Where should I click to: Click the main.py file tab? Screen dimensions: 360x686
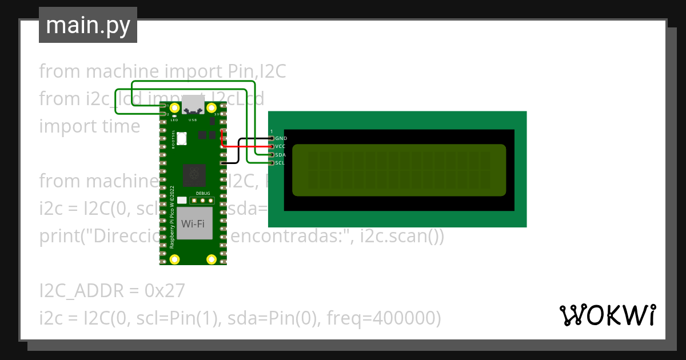tap(87, 25)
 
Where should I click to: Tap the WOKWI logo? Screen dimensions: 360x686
tap(607, 315)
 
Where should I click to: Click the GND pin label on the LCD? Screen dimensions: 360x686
tap(281, 138)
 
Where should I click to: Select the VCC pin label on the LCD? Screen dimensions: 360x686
tap(280, 146)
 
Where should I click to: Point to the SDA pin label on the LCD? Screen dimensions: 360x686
tap(280, 155)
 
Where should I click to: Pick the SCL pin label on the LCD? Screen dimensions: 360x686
tap(280, 163)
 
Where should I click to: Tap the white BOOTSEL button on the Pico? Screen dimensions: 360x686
tap(182, 138)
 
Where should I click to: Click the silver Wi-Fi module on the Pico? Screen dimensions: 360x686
tap(193, 223)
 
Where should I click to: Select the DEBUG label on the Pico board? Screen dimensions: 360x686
tap(203, 194)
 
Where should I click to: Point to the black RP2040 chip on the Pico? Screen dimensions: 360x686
tap(193, 175)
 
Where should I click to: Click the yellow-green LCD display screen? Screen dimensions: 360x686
tap(399, 170)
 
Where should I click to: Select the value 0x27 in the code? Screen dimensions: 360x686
tap(165, 291)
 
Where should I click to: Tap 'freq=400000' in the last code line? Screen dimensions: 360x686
tap(383, 318)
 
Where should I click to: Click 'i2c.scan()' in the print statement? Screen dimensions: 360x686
tap(400, 236)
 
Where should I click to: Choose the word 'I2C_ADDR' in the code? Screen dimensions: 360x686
tap(81, 291)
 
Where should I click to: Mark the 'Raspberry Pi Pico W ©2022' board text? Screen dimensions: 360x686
tap(173, 217)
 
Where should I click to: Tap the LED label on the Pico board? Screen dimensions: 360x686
tap(174, 121)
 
